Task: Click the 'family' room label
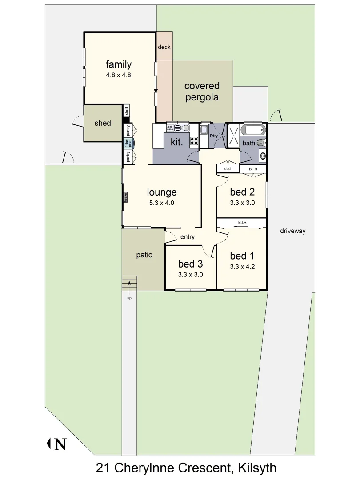pos(118,64)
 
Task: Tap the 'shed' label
pos(103,123)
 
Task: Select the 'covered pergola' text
pos(202,92)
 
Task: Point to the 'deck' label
pos(164,47)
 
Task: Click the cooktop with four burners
pos(194,141)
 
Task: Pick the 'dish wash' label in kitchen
pos(170,128)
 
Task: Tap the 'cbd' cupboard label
pos(227,169)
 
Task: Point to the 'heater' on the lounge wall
pos(126,197)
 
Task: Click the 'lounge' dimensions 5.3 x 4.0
pos(162,203)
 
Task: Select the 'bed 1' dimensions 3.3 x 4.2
pos(242,267)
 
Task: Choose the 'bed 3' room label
pos(190,264)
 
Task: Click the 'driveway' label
pos(292,231)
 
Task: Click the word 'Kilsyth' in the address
pos(257,468)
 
